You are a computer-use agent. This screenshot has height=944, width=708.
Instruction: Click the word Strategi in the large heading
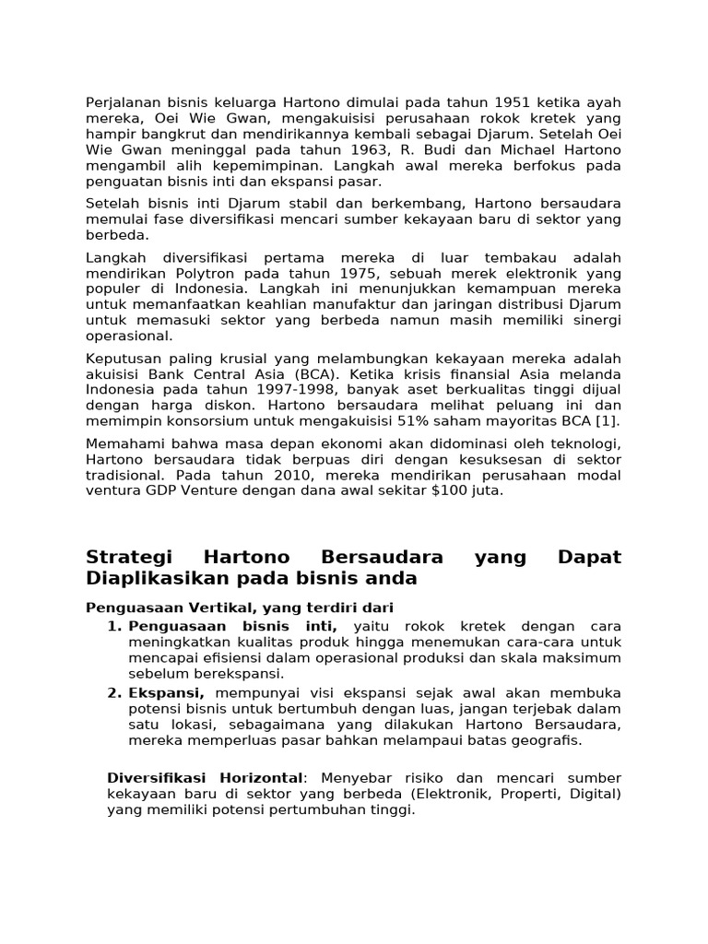(x=123, y=558)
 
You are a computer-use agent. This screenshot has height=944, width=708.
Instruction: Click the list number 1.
(x=113, y=626)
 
